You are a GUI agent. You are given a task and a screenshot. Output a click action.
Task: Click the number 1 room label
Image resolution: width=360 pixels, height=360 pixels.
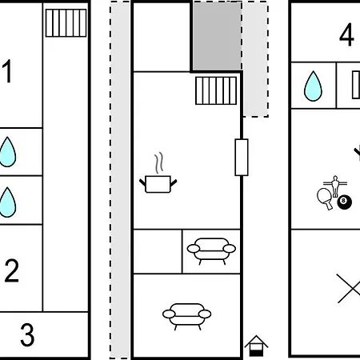7,71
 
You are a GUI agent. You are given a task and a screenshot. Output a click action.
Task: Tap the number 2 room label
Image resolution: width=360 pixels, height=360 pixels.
12,270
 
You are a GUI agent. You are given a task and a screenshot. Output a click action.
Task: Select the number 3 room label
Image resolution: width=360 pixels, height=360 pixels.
27,334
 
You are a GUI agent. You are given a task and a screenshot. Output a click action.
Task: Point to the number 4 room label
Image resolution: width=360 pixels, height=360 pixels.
346,34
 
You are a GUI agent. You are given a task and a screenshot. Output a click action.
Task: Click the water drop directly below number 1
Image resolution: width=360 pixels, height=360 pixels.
7,152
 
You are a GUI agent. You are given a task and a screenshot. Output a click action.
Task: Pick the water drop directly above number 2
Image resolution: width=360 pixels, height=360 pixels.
7,202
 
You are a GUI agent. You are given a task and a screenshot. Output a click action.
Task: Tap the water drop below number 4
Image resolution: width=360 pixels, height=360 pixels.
313,86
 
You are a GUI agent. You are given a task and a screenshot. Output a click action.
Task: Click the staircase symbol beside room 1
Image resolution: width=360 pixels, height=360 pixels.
66,23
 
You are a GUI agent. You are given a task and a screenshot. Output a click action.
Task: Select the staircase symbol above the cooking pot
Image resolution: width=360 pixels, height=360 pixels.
216,90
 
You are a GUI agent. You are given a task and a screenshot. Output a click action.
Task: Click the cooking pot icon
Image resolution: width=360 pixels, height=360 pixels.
158,183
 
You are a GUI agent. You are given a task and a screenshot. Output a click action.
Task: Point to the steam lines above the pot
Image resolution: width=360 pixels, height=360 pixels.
159,162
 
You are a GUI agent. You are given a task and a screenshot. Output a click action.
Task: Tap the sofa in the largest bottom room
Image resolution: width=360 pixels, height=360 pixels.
186,316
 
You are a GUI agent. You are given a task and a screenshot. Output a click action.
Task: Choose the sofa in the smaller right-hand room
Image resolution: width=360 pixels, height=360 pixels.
211,250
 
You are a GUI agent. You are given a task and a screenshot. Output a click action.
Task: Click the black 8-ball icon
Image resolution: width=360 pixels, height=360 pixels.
345,202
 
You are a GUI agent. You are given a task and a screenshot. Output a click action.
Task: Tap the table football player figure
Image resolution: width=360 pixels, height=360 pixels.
335,186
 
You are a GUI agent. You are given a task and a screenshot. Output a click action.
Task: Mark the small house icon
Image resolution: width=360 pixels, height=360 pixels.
256,346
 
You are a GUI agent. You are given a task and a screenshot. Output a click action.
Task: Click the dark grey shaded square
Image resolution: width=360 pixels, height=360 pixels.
217,36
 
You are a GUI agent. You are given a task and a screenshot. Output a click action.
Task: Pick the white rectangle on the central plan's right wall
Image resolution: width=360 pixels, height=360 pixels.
242,158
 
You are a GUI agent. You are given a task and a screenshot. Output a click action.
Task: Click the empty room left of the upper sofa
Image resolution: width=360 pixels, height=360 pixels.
158,251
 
